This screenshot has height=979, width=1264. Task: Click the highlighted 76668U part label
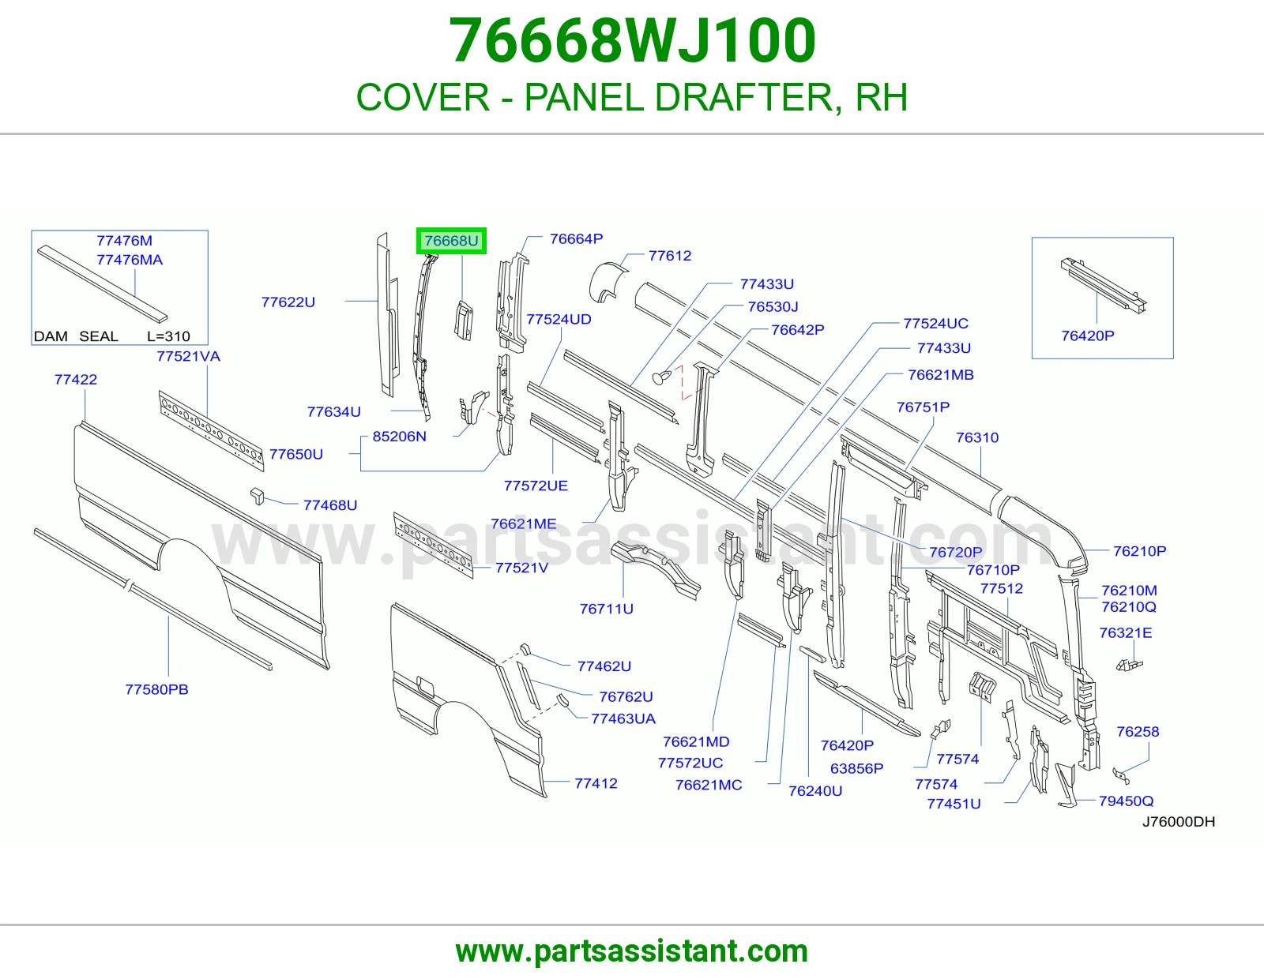pyautogui.click(x=451, y=241)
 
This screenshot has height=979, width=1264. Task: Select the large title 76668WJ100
pyautogui.click(x=632, y=41)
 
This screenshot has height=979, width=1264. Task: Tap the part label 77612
pyautogui.click(x=670, y=256)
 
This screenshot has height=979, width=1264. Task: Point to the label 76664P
pyautogui.click(x=577, y=239)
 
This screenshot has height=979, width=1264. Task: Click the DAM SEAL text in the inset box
pyautogui.click(x=76, y=336)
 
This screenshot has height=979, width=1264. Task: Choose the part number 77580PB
pyautogui.click(x=157, y=689)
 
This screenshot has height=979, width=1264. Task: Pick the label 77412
pyautogui.click(x=596, y=783)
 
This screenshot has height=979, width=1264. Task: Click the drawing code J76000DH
pyautogui.click(x=1179, y=821)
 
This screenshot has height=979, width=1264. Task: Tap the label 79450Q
pyautogui.click(x=1126, y=801)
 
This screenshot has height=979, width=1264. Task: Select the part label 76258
pyautogui.click(x=1138, y=732)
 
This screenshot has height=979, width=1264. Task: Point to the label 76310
pyautogui.click(x=977, y=437)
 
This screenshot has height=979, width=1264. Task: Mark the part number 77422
pyautogui.click(x=76, y=380)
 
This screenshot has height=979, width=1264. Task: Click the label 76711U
pyautogui.click(x=606, y=609)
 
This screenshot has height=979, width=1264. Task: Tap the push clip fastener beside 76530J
pyautogui.click(x=661, y=377)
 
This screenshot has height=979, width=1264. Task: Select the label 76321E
pyautogui.click(x=1126, y=632)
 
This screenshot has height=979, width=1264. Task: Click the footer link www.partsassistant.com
pyautogui.click(x=632, y=951)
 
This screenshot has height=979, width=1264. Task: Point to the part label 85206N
pyautogui.click(x=400, y=437)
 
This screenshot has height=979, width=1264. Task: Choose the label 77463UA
pyautogui.click(x=623, y=719)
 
